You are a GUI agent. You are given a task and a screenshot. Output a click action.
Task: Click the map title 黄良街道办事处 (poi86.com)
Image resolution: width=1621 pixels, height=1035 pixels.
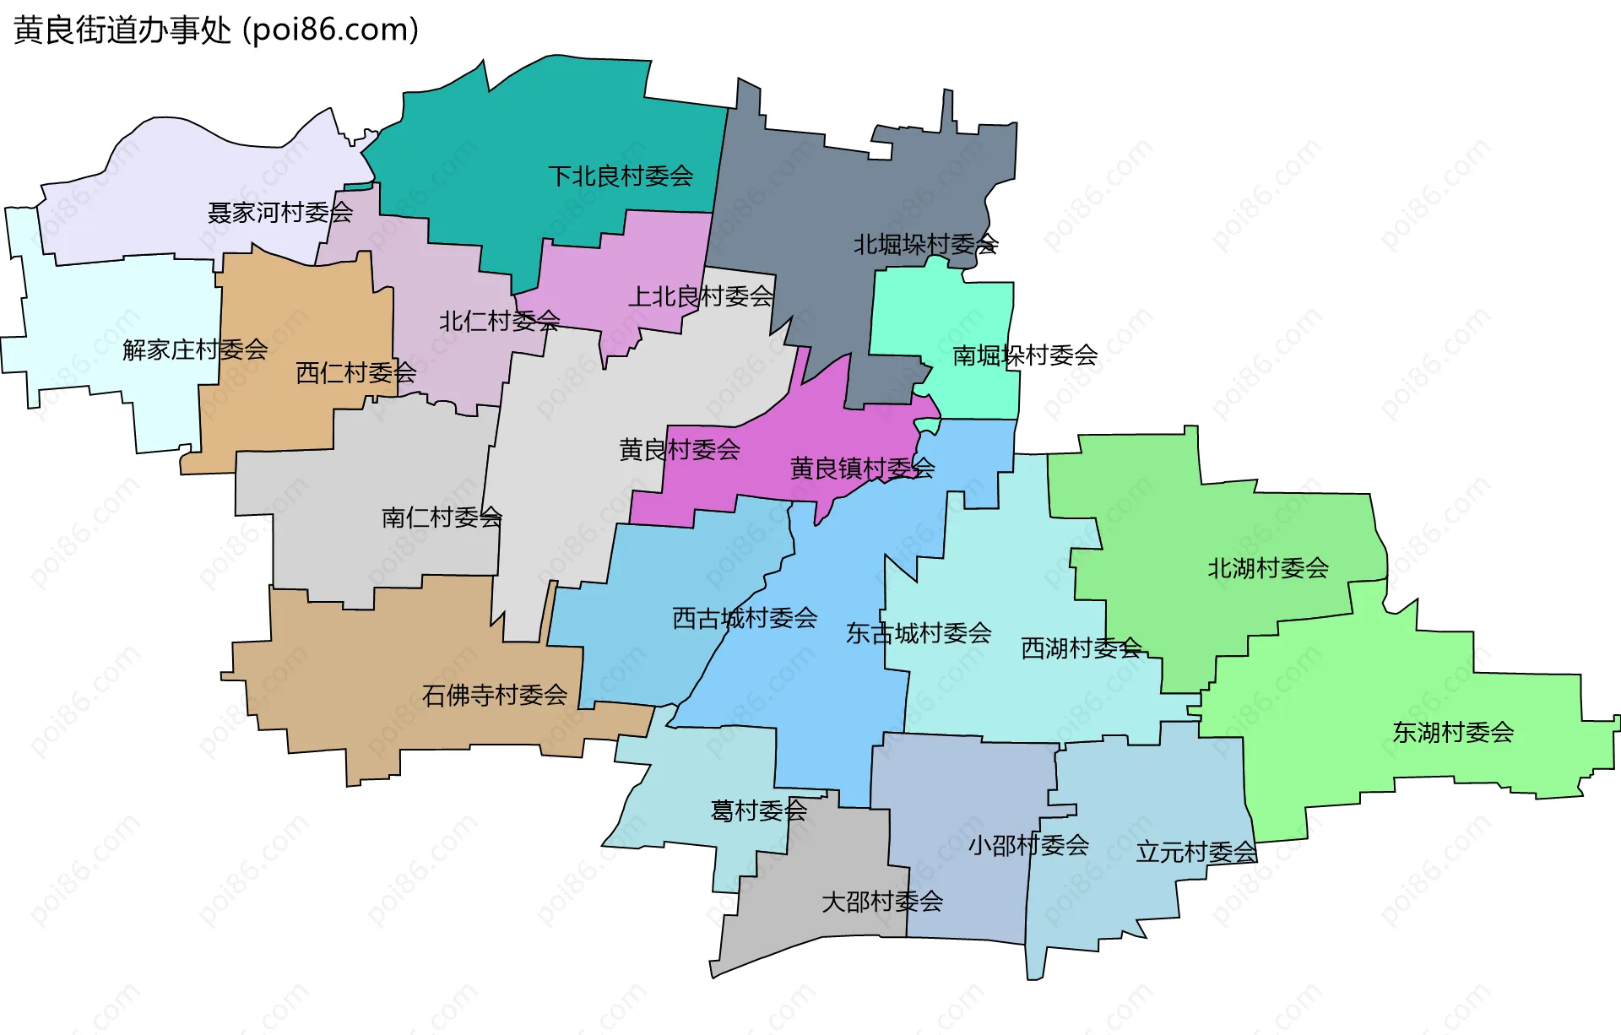[216, 30]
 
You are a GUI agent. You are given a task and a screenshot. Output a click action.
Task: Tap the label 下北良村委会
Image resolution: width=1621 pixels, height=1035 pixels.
[621, 176]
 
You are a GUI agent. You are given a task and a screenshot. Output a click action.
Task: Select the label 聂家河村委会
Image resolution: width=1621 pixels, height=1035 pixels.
[279, 213]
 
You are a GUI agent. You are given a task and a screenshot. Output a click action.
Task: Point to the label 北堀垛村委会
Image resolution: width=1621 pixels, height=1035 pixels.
[925, 245]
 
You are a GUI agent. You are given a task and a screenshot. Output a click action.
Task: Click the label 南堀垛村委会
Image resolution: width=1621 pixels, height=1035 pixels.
[1025, 356]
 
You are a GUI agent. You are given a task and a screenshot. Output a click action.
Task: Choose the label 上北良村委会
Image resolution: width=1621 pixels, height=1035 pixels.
[701, 297]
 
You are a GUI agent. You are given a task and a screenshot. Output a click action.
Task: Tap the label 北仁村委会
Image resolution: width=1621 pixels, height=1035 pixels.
[499, 322]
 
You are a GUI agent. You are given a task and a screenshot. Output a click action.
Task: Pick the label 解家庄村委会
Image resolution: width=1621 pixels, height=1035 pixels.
[195, 350]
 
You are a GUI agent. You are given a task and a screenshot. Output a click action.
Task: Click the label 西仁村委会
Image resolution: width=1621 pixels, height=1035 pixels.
[355, 373]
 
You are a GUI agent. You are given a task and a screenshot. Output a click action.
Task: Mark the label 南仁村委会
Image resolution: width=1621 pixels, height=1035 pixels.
[442, 517]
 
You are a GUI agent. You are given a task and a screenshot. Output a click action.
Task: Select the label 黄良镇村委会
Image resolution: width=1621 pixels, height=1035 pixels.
[862, 469]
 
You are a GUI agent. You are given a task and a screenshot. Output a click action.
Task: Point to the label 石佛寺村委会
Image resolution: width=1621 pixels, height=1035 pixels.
[494, 696]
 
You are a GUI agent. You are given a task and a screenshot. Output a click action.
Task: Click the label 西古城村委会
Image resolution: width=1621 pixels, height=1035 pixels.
[745, 619]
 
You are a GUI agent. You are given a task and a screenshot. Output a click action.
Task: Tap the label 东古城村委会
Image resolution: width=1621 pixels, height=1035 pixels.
[919, 633]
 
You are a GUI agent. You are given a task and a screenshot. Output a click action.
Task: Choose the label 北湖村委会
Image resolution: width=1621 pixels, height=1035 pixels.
[1267, 569]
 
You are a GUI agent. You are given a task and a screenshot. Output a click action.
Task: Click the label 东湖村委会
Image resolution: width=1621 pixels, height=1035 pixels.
[1453, 733]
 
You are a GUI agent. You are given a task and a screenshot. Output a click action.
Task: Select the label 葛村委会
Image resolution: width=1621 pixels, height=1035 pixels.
[758, 811]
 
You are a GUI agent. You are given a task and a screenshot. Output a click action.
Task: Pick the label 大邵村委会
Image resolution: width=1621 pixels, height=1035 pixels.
[882, 902]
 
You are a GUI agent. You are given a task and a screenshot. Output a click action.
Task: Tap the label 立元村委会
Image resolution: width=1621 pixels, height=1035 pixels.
[1196, 853]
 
